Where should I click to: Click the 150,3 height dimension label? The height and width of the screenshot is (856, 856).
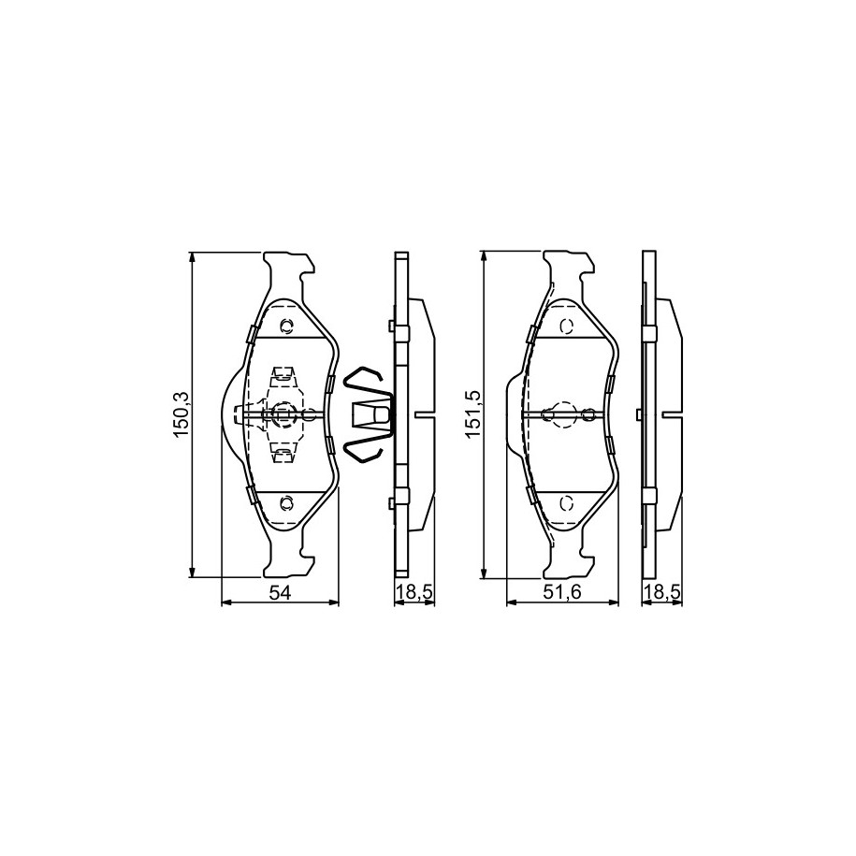click(x=181, y=414)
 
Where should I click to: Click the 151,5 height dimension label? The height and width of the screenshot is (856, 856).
click(x=472, y=414)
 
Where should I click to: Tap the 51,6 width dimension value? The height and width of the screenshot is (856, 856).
click(x=562, y=592)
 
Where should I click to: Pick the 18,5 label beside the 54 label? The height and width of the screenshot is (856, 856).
click(x=414, y=592)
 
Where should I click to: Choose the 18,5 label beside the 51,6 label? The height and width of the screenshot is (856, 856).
click(x=662, y=592)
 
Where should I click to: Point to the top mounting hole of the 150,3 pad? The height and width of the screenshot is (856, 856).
click(x=285, y=326)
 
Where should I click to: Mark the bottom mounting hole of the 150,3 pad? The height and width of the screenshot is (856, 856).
click(x=285, y=501)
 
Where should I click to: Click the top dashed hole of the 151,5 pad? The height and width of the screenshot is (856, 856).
click(x=567, y=326)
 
